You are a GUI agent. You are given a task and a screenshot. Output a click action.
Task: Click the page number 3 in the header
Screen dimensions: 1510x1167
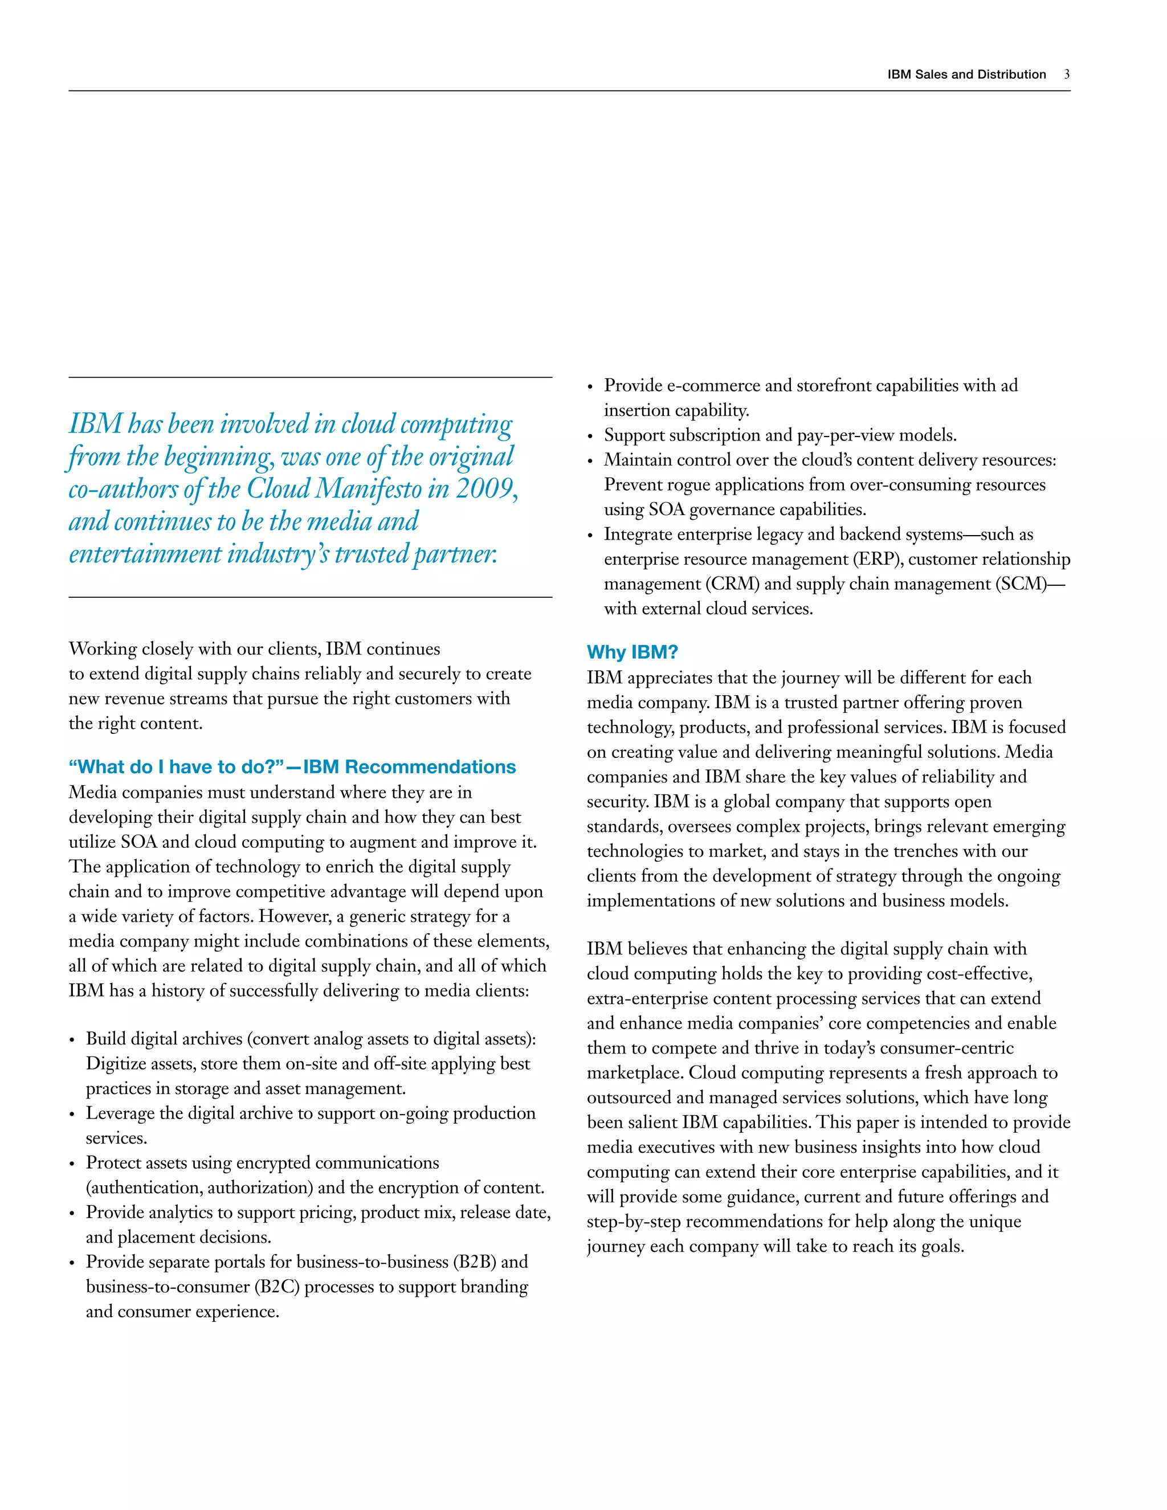(1067, 74)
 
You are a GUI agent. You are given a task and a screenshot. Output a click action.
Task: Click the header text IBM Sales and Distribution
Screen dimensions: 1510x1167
(966, 74)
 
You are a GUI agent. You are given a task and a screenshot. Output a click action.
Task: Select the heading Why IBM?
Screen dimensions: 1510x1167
(632, 652)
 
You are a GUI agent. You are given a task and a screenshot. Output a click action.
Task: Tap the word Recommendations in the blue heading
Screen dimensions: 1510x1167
(430, 767)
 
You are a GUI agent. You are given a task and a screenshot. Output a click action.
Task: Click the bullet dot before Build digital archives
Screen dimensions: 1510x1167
(72, 1040)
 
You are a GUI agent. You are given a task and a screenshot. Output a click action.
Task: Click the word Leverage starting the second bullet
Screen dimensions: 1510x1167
(120, 1113)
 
